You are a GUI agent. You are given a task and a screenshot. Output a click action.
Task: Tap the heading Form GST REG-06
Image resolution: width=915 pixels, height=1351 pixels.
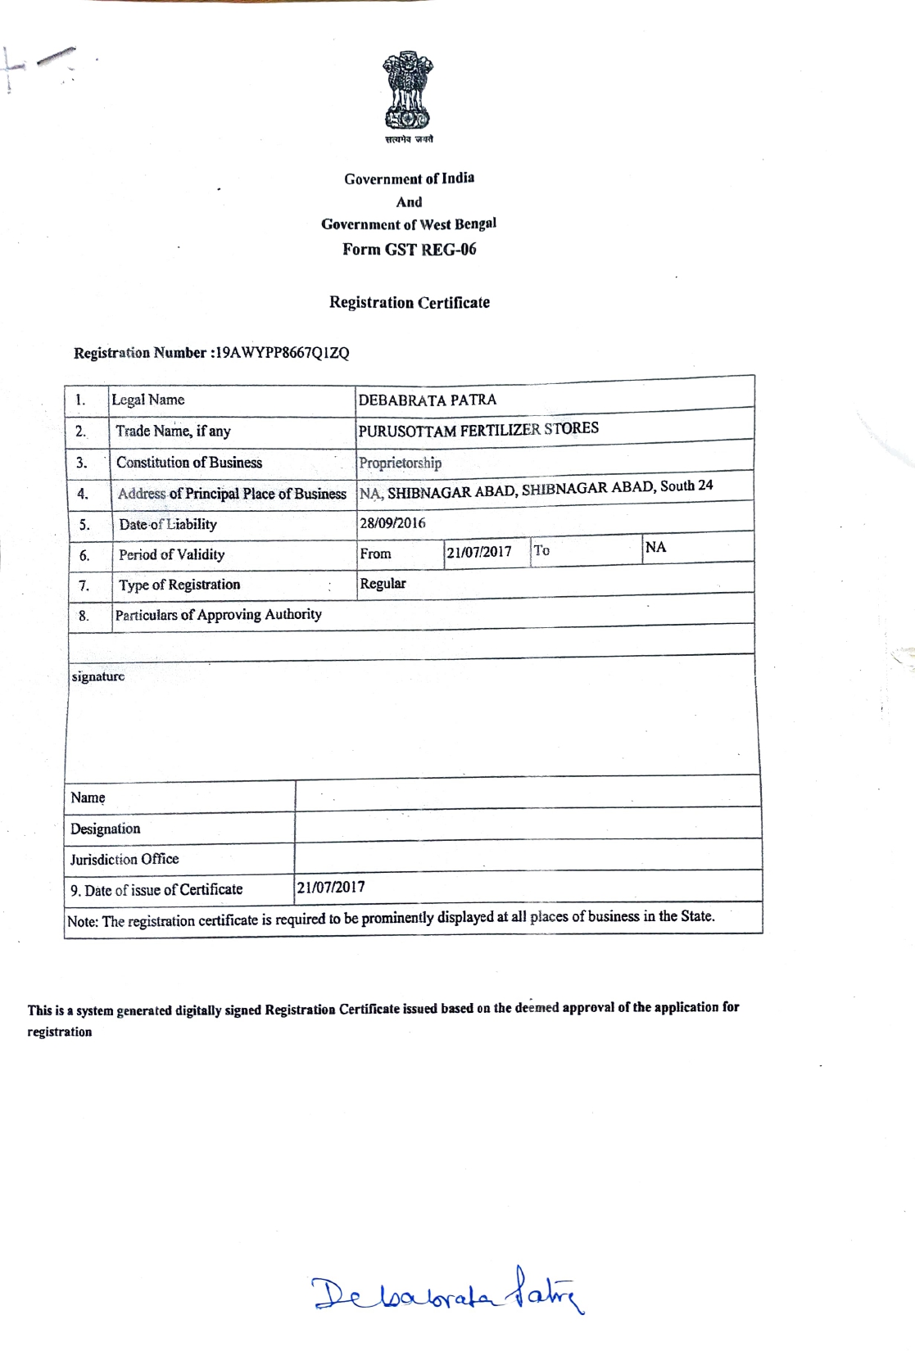pyautogui.click(x=409, y=250)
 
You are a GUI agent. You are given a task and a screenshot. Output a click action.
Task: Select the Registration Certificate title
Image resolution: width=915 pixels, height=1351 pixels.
pyautogui.click(x=410, y=302)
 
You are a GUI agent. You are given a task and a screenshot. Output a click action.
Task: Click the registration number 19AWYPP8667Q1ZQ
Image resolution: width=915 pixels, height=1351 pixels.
pyautogui.click(x=281, y=353)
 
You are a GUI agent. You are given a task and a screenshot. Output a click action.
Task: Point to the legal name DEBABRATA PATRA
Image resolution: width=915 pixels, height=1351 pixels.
pyautogui.click(x=427, y=400)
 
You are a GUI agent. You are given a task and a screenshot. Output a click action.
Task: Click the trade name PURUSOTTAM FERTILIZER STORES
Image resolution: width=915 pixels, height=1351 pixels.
pyautogui.click(x=478, y=430)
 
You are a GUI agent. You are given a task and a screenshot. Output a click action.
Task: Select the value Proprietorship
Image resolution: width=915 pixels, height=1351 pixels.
pyautogui.click(x=400, y=463)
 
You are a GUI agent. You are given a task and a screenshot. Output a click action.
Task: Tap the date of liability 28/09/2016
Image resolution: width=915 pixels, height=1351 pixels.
pyautogui.click(x=392, y=523)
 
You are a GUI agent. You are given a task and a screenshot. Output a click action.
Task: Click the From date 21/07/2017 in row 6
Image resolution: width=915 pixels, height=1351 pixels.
pyautogui.click(x=478, y=552)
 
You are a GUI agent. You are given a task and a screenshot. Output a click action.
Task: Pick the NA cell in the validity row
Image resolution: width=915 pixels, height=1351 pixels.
pyautogui.click(x=655, y=547)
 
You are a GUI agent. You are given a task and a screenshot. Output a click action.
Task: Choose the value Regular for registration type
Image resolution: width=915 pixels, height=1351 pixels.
pyautogui.click(x=383, y=583)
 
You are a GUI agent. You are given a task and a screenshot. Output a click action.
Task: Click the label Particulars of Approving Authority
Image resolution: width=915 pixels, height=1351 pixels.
pyautogui.click(x=218, y=614)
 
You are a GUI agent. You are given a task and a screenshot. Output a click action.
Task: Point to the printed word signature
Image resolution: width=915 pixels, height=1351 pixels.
pyautogui.click(x=97, y=676)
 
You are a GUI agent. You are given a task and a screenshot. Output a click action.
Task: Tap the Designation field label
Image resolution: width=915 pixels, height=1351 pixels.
pyautogui.click(x=105, y=829)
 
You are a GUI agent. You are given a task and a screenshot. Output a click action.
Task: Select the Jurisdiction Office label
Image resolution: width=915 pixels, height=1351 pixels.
pyautogui.click(x=124, y=859)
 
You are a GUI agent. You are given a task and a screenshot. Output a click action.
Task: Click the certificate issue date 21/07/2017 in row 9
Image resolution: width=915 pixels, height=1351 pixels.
pyautogui.click(x=331, y=887)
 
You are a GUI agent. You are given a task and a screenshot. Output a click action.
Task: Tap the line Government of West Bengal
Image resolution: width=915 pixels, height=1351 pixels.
pyautogui.click(x=409, y=224)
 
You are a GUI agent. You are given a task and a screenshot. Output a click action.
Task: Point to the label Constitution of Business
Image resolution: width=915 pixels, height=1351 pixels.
pyautogui.click(x=189, y=462)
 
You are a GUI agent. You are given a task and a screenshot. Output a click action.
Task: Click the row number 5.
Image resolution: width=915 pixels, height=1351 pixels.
pyautogui.click(x=84, y=525)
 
